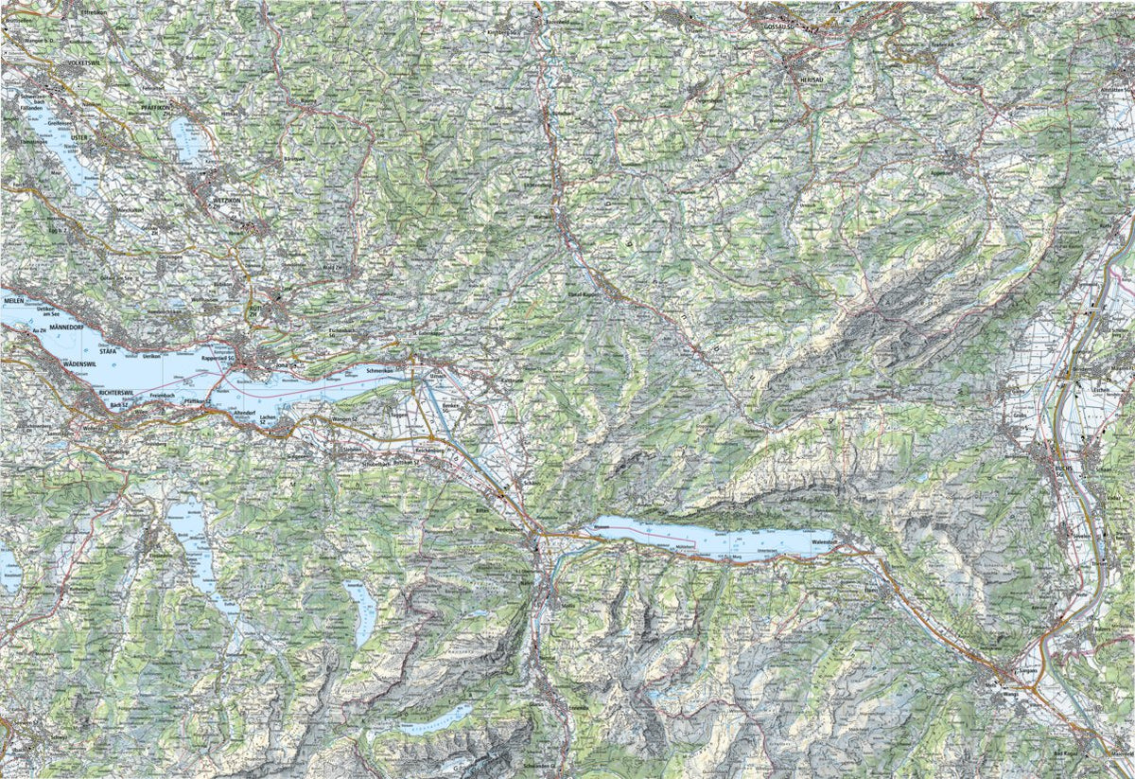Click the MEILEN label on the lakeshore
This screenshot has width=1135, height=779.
13,299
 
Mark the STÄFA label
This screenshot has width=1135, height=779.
113,350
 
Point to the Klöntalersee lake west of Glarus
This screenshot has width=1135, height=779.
435,718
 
